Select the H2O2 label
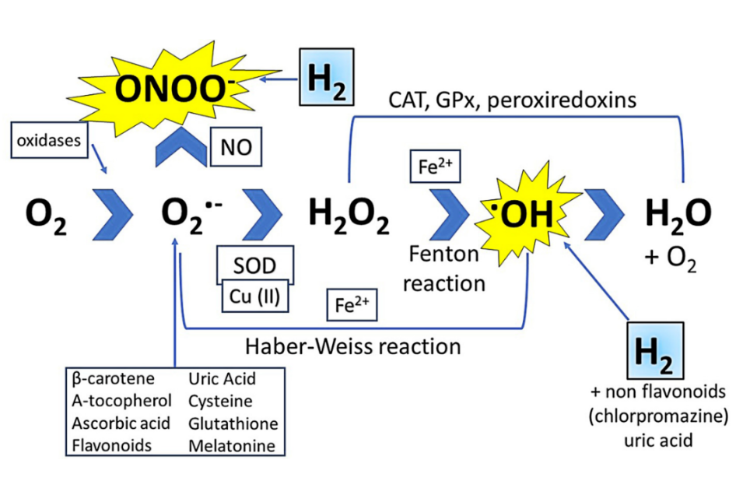click(348, 217)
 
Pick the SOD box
click(254, 266)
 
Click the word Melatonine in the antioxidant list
click(232, 445)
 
